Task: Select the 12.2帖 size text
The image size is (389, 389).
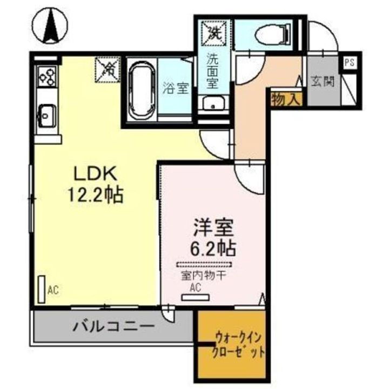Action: (96, 194)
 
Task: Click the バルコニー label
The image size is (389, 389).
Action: (114, 327)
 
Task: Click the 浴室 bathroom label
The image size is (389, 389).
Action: (176, 88)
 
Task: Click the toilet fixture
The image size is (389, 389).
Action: (270, 33)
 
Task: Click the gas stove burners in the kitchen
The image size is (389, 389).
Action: (45, 77)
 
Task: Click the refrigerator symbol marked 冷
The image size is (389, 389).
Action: (108, 69)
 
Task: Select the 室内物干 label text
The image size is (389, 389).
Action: (203, 277)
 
